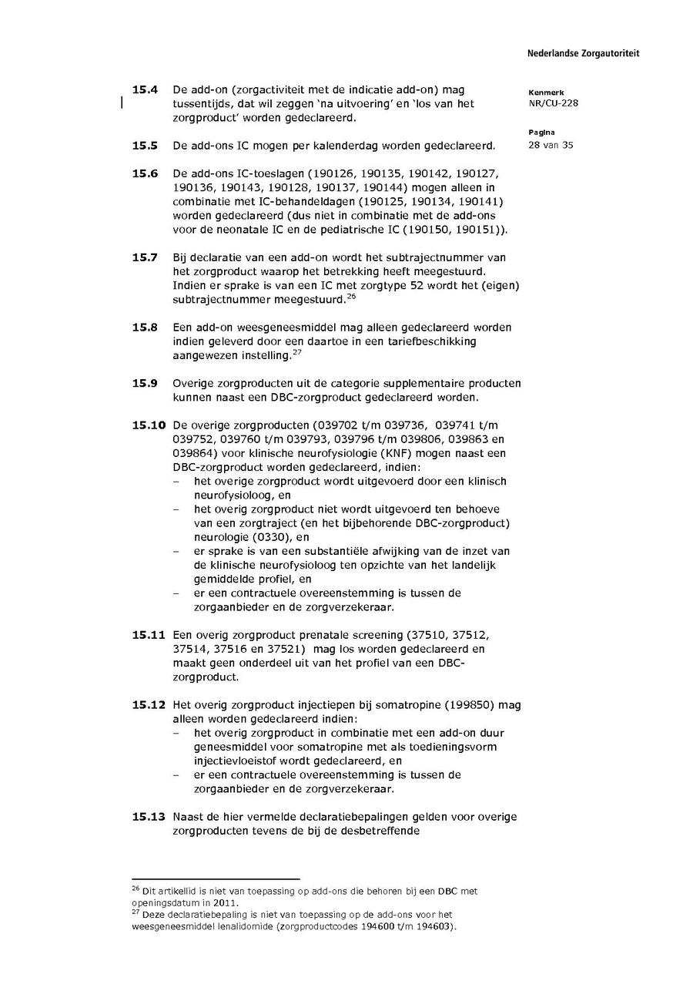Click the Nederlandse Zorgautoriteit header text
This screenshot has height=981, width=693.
583,54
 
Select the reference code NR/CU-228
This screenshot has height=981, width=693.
554,103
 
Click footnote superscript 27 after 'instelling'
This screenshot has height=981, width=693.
296,351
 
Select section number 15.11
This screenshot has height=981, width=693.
149,635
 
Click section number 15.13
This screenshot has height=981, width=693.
149,817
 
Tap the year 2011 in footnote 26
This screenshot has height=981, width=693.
225,902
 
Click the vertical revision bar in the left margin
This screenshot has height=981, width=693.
122,104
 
